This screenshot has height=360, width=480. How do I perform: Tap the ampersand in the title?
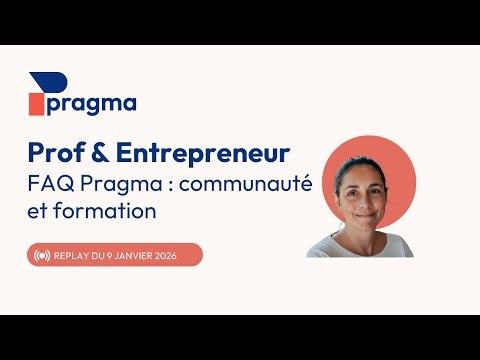102,153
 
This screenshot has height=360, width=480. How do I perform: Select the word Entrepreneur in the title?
203,153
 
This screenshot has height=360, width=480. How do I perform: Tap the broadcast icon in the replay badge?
42,255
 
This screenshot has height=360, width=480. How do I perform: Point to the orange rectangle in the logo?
36,104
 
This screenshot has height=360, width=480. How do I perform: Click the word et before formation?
39,212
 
